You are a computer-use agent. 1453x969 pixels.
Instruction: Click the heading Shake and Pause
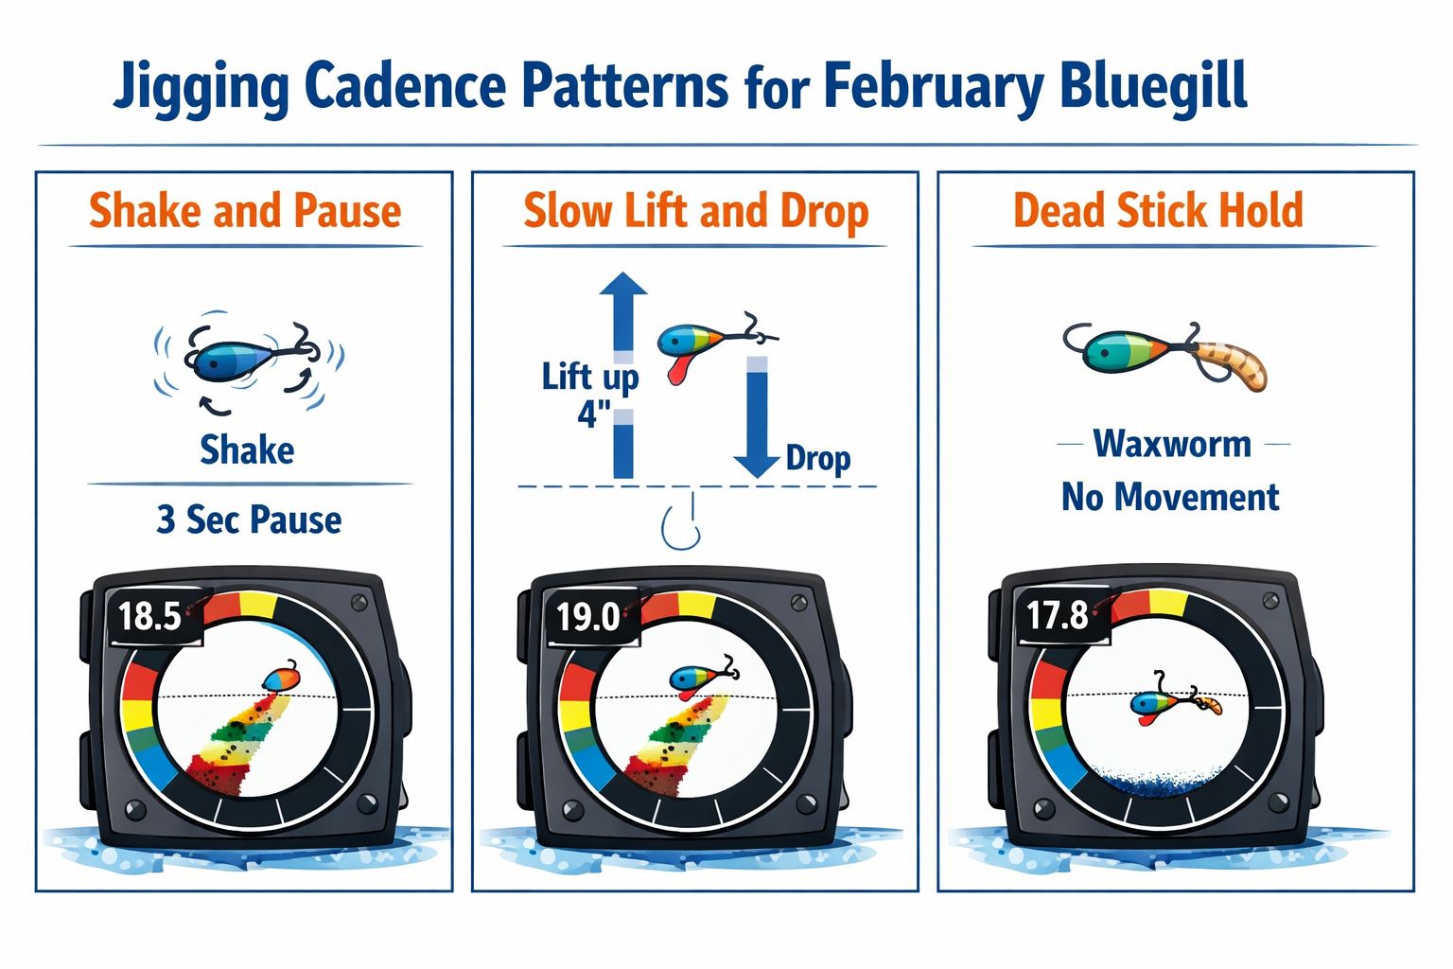(x=245, y=210)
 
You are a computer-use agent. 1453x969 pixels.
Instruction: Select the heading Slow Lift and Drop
(x=695, y=211)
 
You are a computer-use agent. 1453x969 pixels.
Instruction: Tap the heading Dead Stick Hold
(x=1158, y=210)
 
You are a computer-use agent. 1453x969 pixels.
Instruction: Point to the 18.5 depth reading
(x=149, y=616)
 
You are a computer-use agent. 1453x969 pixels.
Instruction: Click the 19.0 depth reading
(x=587, y=617)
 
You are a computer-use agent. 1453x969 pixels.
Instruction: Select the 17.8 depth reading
(x=1058, y=615)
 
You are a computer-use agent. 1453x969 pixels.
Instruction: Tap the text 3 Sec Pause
(x=249, y=520)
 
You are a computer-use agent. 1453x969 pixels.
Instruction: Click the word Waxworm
(x=1172, y=444)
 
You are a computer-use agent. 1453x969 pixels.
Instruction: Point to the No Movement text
(x=1170, y=497)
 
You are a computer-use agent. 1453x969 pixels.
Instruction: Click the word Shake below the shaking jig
(x=247, y=450)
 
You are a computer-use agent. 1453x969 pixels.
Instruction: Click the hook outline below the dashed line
(x=681, y=525)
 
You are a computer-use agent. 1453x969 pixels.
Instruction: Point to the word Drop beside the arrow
(x=818, y=458)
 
